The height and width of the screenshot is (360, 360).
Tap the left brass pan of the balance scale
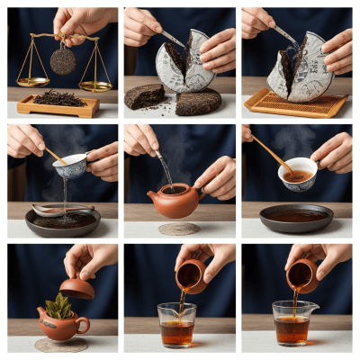(32, 82)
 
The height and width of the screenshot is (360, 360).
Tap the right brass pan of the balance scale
(94, 85)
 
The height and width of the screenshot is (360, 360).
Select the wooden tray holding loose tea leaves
(58, 104)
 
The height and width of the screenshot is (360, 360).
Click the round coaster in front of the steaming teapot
(179, 229)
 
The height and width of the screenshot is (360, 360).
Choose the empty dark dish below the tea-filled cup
(296, 218)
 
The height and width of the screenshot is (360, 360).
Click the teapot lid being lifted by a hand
(76, 287)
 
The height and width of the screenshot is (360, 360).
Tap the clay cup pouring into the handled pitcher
(301, 275)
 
